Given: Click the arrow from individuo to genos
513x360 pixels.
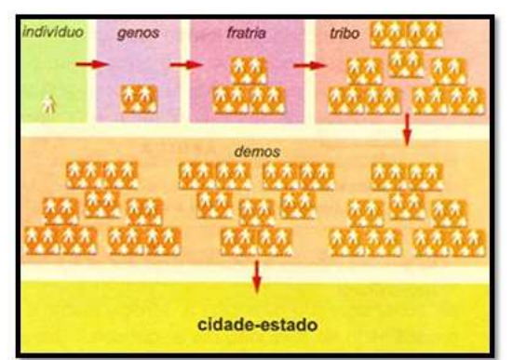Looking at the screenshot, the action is coord(91,65).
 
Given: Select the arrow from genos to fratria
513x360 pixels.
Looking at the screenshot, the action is coord(186,65).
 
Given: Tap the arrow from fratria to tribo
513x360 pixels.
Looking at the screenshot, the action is coord(308,65).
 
